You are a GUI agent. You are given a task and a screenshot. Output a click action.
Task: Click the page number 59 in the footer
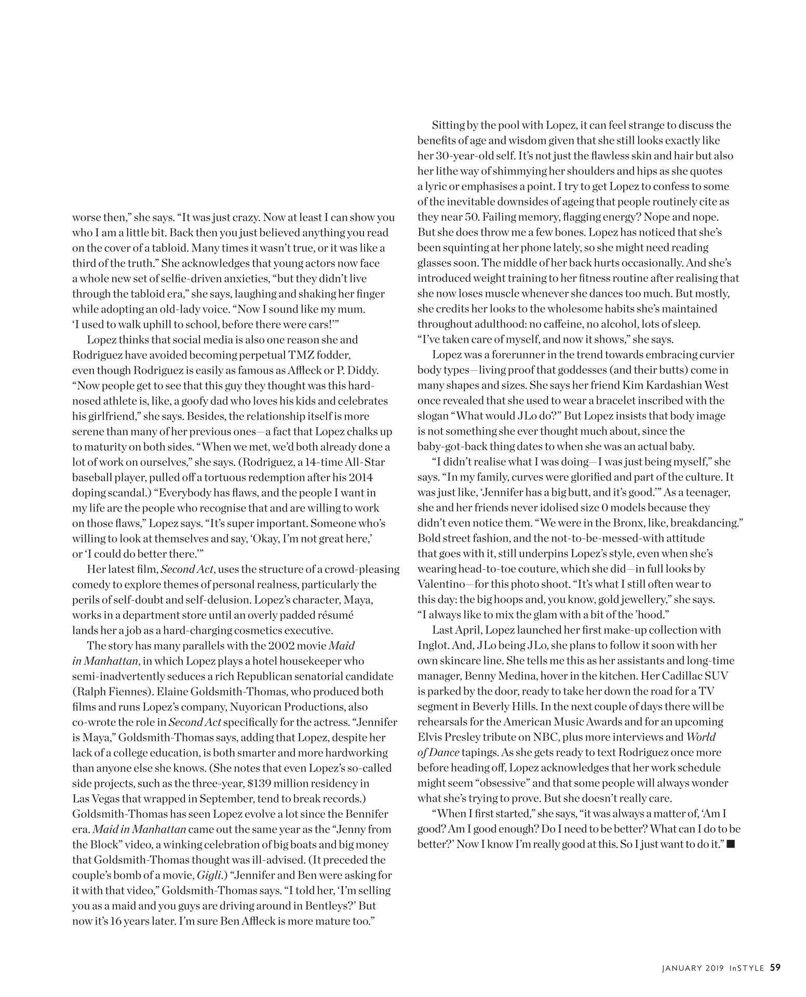coord(775,967)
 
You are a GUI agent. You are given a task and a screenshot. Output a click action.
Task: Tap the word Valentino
coord(441,584)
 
